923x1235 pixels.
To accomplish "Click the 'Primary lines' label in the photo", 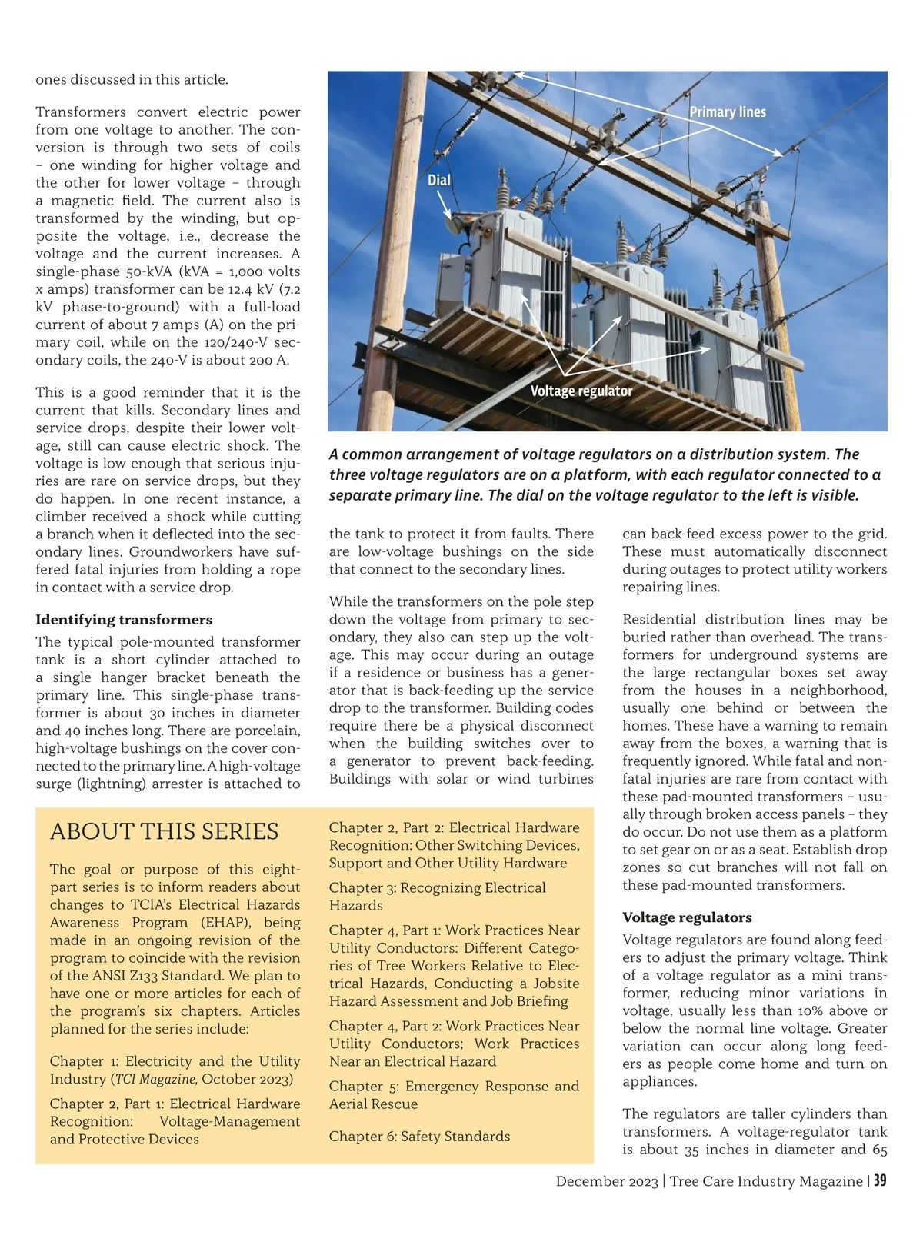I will click(x=728, y=112).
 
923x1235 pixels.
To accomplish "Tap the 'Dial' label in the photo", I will click(x=439, y=180).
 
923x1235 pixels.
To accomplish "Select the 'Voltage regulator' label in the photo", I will click(x=581, y=391).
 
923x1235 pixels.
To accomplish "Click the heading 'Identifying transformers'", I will click(x=124, y=619).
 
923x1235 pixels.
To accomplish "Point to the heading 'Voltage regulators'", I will click(x=687, y=917).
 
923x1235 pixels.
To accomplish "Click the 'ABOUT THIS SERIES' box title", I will click(x=164, y=831).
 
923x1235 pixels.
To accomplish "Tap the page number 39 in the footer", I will click(x=879, y=1180).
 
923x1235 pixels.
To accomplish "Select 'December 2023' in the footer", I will click(x=607, y=1181).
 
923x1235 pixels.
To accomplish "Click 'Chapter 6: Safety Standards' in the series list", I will click(x=419, y=1136).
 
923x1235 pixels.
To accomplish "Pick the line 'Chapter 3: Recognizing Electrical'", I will click(x=437, y=887).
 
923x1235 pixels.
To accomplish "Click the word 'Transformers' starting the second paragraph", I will click(x=81, y=112).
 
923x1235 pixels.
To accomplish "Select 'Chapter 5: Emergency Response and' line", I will click(x=454, y=1086).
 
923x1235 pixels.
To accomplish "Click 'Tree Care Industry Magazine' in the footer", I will click(x=765, y=1181).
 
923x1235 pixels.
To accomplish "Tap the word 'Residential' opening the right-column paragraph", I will click(x=659, y=619).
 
